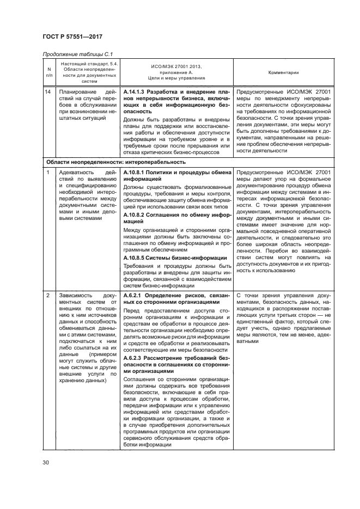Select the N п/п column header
coord(49,72)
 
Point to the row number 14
coord(49,93)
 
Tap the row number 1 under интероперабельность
coord(48,173)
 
